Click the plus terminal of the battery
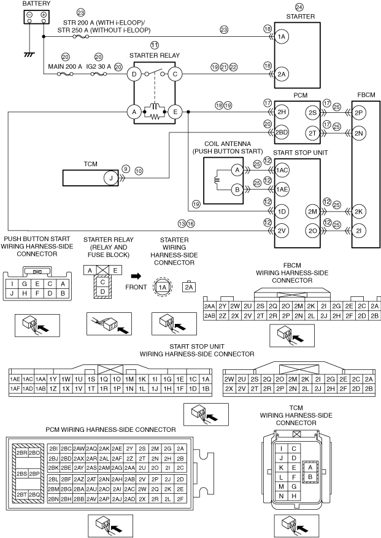coord(44,15)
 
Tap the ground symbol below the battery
coord(29,54)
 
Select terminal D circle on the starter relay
coord(134,74)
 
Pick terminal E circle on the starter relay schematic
coord(175,112)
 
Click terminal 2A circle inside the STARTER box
coord(282,74)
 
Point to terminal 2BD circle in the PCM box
coord(282,133)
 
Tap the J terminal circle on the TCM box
coord(111,178)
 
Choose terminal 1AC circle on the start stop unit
coord(282,170)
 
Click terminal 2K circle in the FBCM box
coord(359,212)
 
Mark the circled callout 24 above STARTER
coord(299,7)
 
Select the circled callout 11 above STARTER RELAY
coord(155,45)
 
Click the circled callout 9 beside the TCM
coord(126,169)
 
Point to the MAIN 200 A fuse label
coord(65,67)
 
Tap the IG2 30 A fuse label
coord(99,67)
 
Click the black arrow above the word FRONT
coord(136,276)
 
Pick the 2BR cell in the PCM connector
coord(22,453)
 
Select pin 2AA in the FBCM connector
coord(209,306)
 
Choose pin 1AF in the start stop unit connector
coord(15,389)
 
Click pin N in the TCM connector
coord(282,496)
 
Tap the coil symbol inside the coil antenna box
coord(215,180)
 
